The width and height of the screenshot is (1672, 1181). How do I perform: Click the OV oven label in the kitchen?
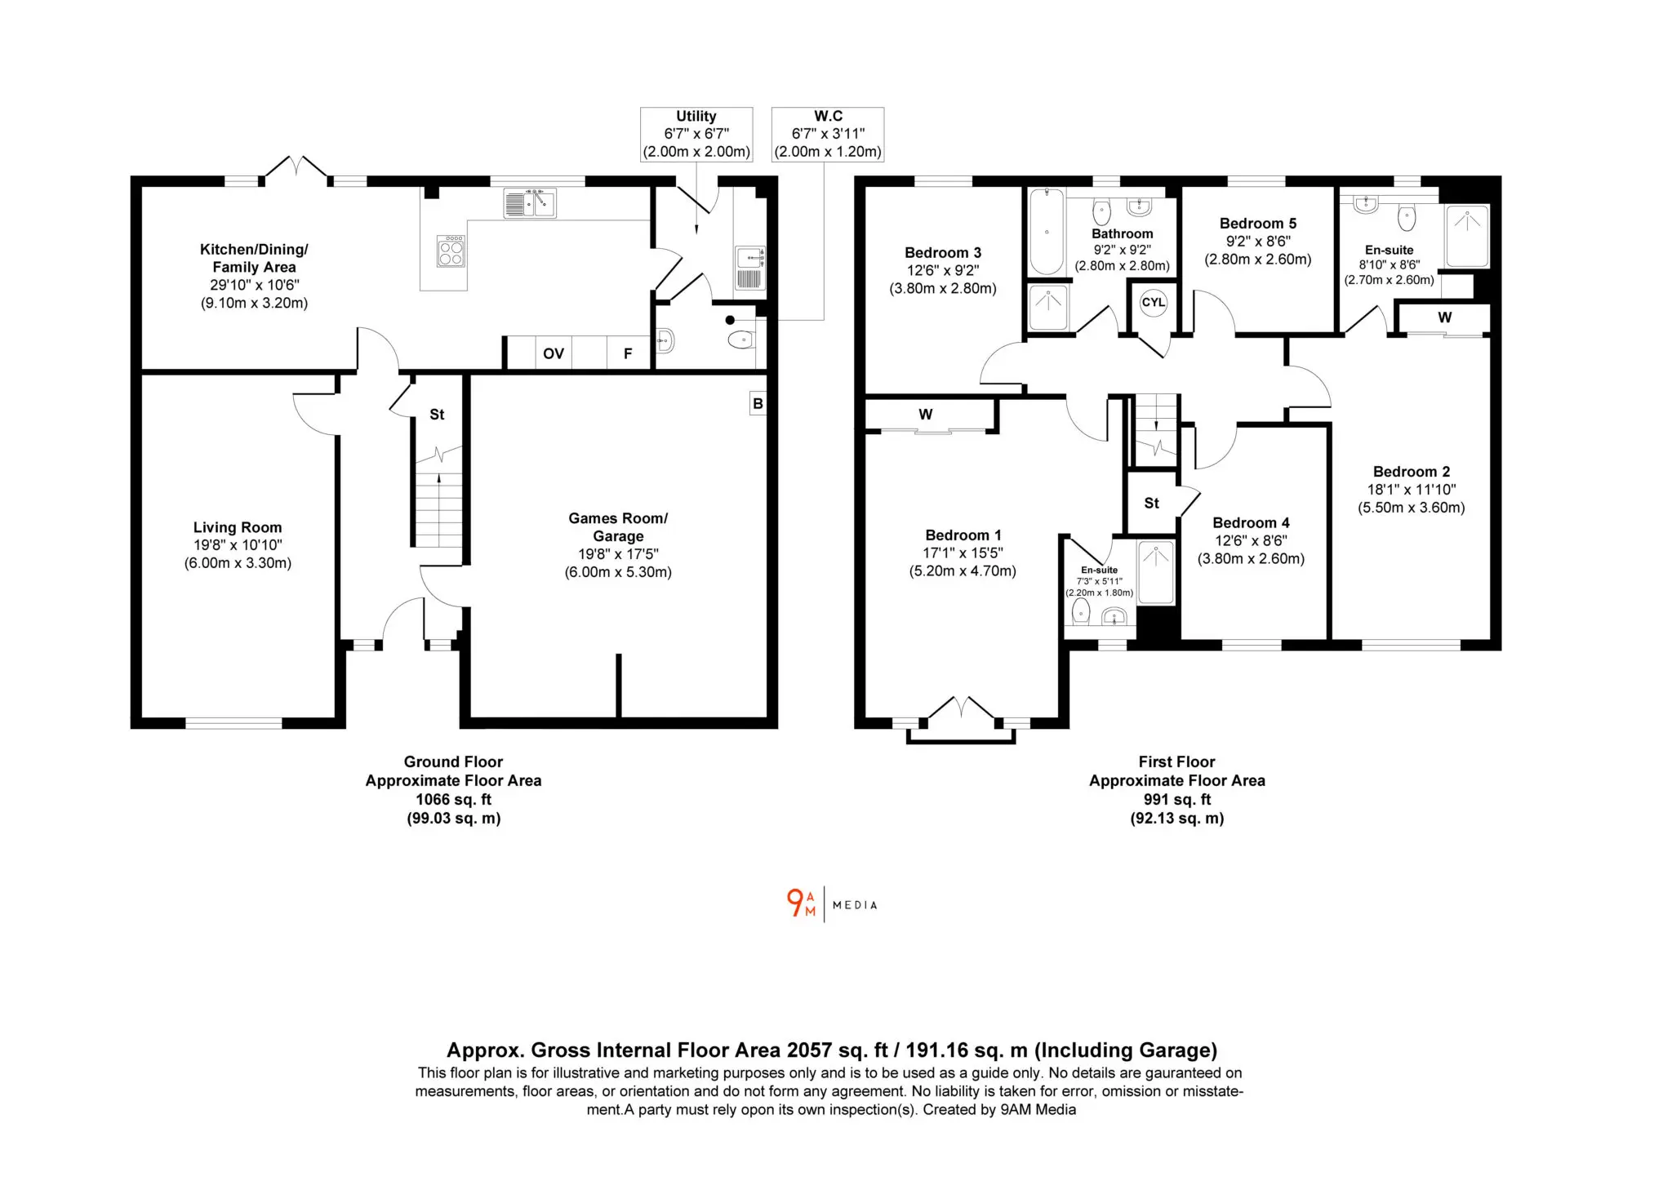(x=554, y=353)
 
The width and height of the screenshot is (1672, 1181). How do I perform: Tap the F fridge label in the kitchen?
(x=628, y=353)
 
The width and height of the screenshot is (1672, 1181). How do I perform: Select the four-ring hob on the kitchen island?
(x=451, y=251)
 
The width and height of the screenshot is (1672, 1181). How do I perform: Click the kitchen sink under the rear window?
(x=529, y=203)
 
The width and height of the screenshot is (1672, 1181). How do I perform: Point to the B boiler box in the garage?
(x=758, y=403)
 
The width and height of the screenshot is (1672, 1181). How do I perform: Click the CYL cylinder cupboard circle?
(x=1153, y=303)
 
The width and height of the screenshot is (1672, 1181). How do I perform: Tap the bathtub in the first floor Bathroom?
(x=1047, y=232)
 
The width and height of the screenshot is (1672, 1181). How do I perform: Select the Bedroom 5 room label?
(x=1257, y=224)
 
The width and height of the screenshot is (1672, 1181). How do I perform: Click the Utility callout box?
(x=696, y=134)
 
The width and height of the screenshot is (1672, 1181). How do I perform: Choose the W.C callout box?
(x=828, y=134)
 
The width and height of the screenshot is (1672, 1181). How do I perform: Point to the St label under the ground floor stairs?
(x=437, y=415)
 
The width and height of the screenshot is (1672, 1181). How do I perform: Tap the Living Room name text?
(x=238, y=527)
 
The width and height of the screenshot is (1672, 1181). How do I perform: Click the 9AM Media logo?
(x=832, y=904)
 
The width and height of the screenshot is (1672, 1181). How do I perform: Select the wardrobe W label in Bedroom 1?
(x=925, y=415)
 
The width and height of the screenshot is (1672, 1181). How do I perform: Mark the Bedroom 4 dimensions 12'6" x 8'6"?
(x=1251, y=540)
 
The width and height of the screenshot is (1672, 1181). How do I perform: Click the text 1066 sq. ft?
(x=454, y=800)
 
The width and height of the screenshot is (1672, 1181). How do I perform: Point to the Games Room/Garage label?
(x=618, y=527)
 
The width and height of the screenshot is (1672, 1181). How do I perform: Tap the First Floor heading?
(x=1176, y=761)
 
